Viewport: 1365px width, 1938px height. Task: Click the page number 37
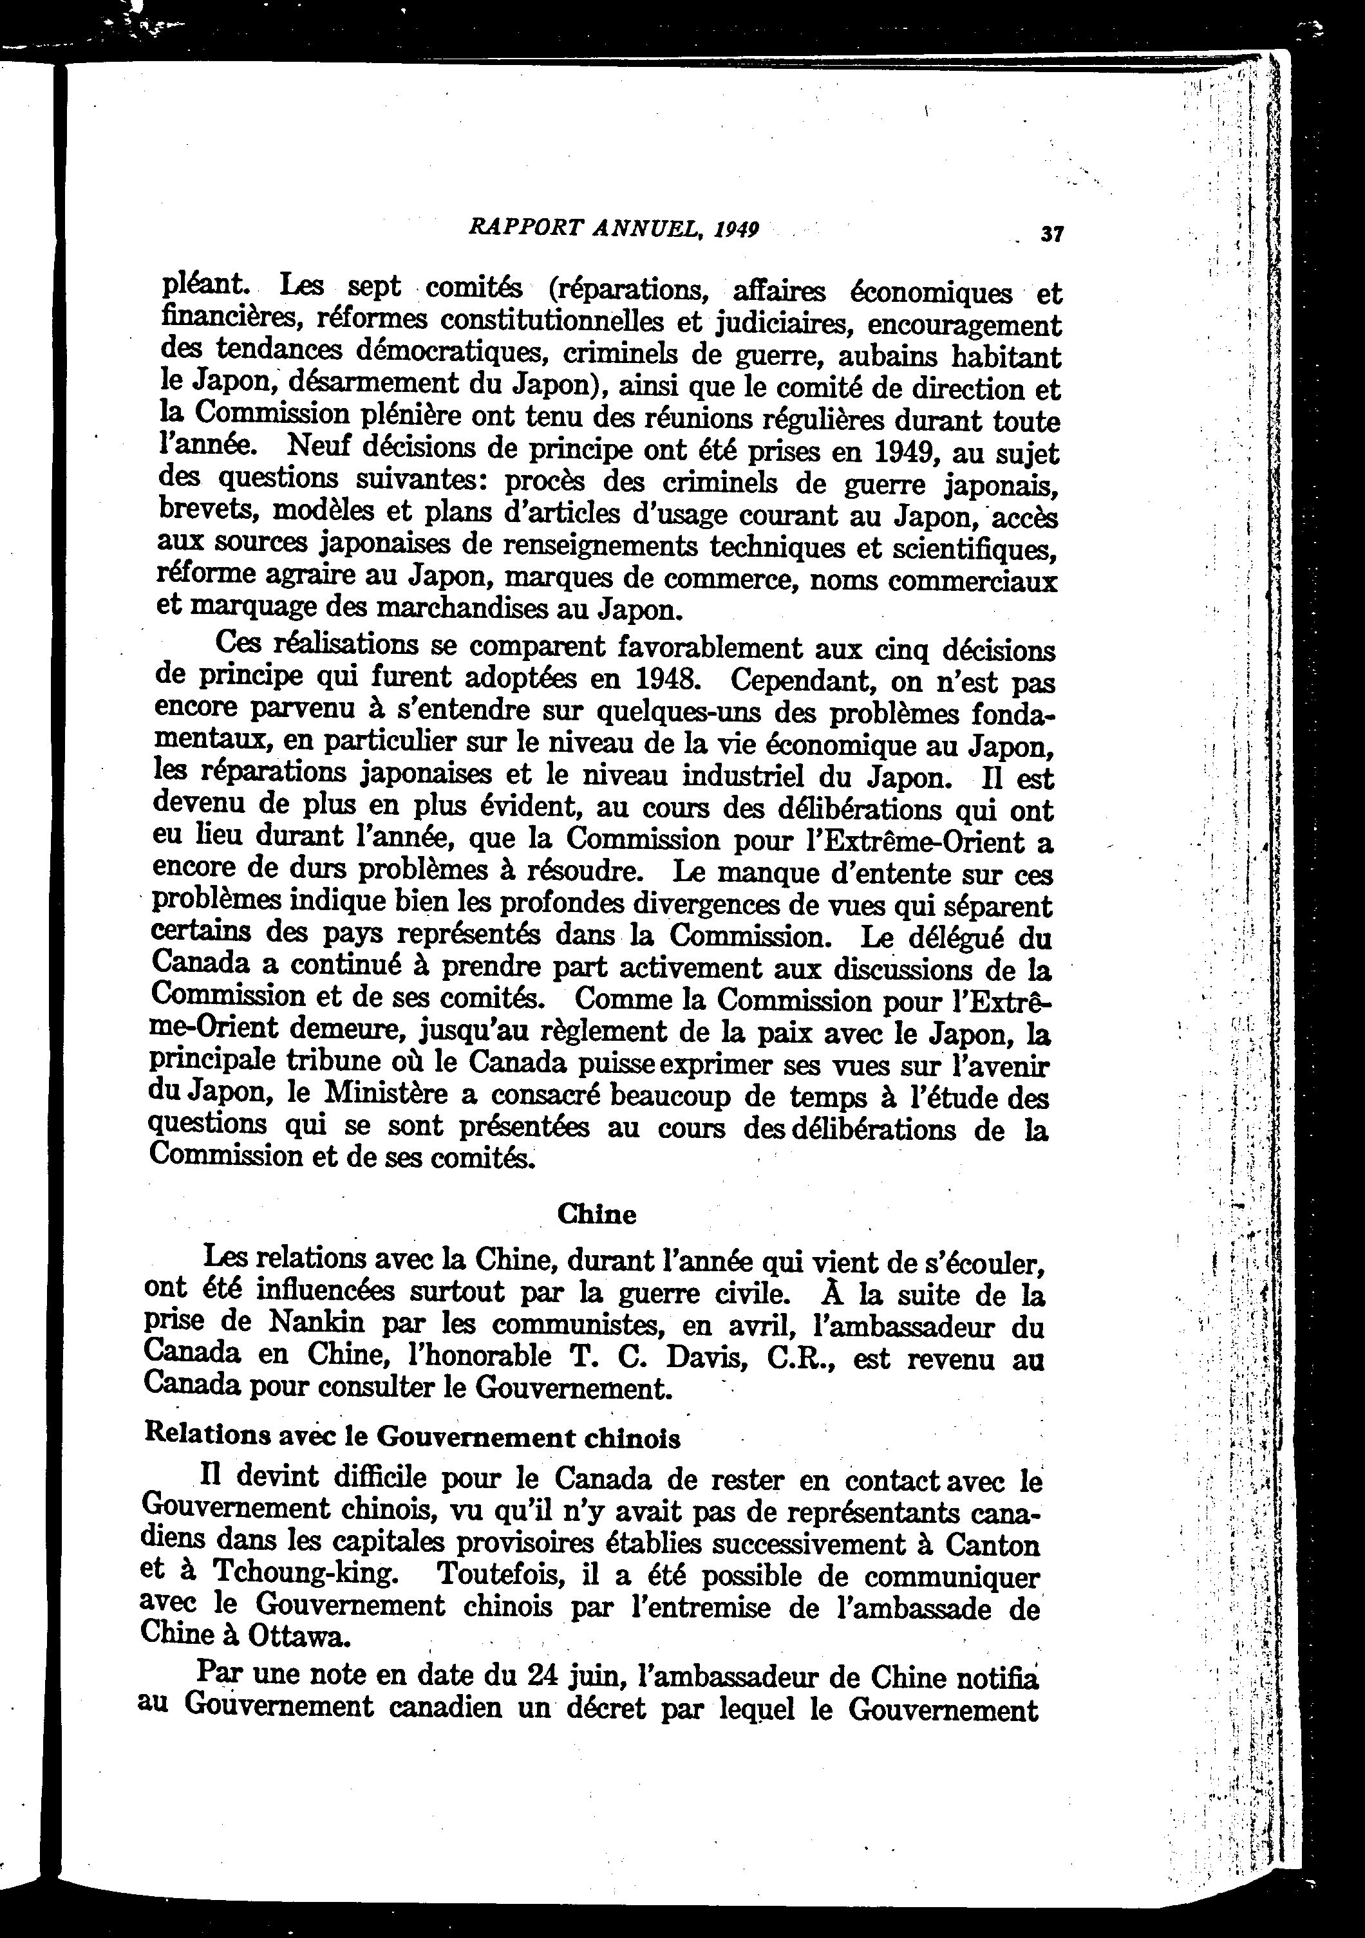[1051, 234]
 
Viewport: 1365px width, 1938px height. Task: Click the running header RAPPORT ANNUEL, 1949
[614, 228]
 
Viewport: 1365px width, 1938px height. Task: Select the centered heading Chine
[597, 1214]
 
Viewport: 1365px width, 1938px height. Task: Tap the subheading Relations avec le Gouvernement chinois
[413, 1436]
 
